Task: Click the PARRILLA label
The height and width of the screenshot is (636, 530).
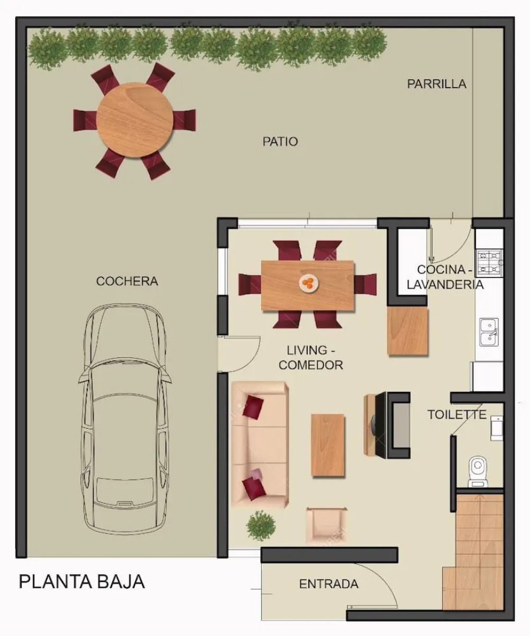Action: (436, 84)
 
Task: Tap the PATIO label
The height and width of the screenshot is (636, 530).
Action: (280, 141)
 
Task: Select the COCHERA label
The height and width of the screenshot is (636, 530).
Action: (127, 281)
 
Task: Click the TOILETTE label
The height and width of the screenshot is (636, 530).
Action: (457, 415)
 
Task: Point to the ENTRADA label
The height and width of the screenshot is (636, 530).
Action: (328, 584)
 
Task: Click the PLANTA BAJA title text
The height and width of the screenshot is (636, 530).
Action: (82, 582)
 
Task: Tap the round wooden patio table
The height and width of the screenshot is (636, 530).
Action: (134, 120)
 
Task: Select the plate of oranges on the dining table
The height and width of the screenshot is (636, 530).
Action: (308, 283)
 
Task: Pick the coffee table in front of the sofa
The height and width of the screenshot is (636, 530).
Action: (328, 445)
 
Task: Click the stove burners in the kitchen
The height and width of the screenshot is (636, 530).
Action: (489, 263)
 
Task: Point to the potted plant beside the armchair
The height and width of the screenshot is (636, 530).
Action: (261, 525)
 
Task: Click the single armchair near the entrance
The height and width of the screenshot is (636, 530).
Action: (326, 525)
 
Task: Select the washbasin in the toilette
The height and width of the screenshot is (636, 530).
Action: (497, 428)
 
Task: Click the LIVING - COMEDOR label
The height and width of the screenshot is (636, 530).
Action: (311, 358)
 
